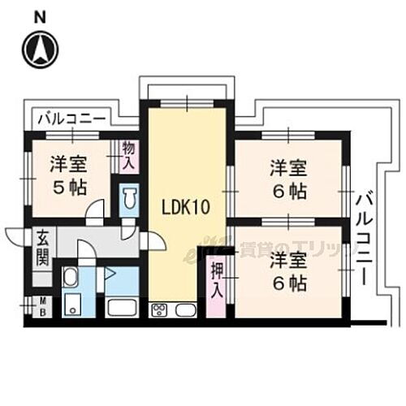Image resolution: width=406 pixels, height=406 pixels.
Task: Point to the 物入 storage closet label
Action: click(128, 154)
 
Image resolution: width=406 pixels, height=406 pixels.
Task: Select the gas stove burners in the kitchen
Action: click(159, 310)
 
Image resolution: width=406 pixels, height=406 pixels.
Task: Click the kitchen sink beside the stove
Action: click(184, 310)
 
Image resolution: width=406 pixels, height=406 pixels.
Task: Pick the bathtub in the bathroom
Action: click(121, 309)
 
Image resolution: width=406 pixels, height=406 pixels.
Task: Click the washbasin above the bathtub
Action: click(70, 279)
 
